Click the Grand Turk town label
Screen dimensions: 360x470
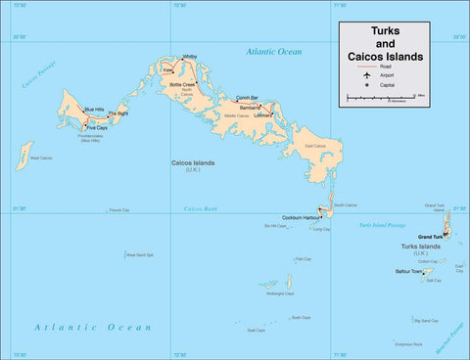(431, 237)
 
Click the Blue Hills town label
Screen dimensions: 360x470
(95, 109)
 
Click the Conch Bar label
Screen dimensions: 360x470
(247, 98)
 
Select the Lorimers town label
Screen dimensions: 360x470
(262, 114)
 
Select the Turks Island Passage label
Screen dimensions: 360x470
(381, 226)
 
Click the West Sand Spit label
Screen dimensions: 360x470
(139, 255)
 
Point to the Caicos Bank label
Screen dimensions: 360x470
(200, 208)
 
